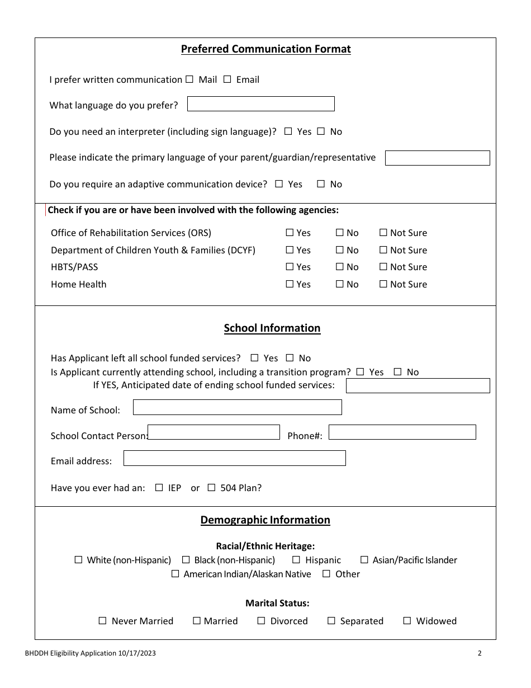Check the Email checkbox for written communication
[x=227, y=79]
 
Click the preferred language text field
[x=260, y=104]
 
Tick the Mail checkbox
[x=189, y=79]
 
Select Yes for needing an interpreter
[x=288, y=131]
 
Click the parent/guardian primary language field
[x=437, y=158]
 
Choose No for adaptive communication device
[x=321, y=184]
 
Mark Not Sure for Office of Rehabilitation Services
[x=383, y=233]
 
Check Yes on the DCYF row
[x=290, y=250]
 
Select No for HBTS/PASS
[x=340, y=267]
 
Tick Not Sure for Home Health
[x=383, y=284]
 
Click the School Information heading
[x=272, y=328]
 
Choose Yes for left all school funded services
[x=255, y=358]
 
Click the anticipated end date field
[x=418, y=386]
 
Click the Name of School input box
[x=237, y=407]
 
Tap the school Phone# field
[x=402, y=432]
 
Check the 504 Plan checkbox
[x=211, y=488]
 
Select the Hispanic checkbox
[x=296, y=560]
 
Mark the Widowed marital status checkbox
[x=407, y=621]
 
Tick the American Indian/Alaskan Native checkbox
[x=176, y=574]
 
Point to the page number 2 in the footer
[x=480, y=653]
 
